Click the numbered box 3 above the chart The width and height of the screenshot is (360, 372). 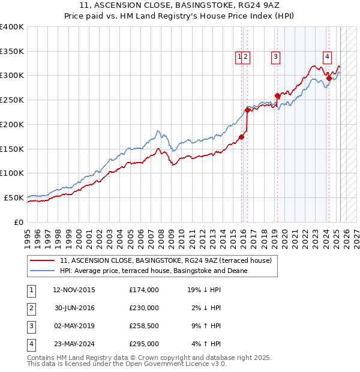click(275, 57)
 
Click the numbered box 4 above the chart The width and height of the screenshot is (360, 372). click(328, 57)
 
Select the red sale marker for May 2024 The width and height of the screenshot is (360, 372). click(329, 77)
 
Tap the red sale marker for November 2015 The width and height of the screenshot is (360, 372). click(242, 137)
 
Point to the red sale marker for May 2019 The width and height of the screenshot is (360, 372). click(277, 95)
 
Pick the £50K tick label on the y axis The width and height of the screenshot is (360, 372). click(14, 197)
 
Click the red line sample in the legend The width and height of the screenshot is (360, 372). click(43, 261)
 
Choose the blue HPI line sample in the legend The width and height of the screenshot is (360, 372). click(43, 271)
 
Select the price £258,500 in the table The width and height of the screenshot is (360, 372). click(144, 326)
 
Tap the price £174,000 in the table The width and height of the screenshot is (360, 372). click(144, 290)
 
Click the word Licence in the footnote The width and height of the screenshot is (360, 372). click(200, 364)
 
